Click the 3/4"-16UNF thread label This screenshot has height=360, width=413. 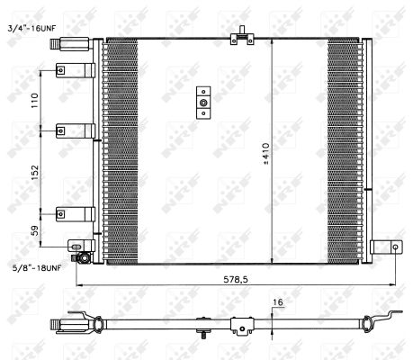(x=32, y=28)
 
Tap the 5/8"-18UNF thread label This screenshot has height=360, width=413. (x=36, y=268)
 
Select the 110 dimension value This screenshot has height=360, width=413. (x=35, y=101)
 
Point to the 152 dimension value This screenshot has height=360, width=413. (x=35, y=173)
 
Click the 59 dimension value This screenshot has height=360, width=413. (x=35, y=230)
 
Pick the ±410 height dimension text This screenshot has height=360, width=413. (x=266, y=154)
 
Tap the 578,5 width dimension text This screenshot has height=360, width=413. (x=236, y=280)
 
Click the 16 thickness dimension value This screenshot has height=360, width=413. (x=278, y=302)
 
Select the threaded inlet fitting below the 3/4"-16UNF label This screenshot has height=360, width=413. (x=69, y=44)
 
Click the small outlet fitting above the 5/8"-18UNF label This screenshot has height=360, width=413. (x=82, y=258)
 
